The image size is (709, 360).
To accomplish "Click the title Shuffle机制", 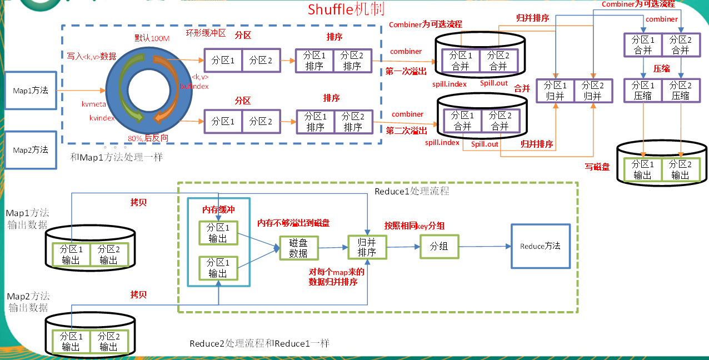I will [x=346, y=9].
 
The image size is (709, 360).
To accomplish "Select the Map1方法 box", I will [x=31, y=90].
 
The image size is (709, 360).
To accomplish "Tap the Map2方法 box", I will [x=31, y=150].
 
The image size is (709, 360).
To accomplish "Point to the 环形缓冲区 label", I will [x=206, y=33].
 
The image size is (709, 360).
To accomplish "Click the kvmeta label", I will [x=93, y=104].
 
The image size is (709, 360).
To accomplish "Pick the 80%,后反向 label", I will [x=148, y=138].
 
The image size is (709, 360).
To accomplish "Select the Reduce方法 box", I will [x=540, y=246].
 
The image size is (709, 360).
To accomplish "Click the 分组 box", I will [x=439, y=246].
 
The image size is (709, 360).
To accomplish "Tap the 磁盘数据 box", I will [x=299, y=247].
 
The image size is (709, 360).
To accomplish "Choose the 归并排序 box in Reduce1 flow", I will [x=367, y=247].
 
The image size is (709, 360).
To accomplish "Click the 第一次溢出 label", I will [x=407, y=71].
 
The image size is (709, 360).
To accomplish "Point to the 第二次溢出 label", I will [x=407, y=131].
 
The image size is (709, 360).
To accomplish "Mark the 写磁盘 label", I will [x=597, y=166].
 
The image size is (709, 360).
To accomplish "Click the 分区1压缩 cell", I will [x=643, y=91].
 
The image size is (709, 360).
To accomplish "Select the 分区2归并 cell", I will [x=593, y=91].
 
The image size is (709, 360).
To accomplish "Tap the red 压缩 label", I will [x=661, y=68].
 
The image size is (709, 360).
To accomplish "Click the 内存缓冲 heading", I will [x=218, y=210].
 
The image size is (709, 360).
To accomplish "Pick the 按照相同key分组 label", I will [x=415, y=226].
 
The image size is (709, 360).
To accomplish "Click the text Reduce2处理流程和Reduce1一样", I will [x=259, y=343].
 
